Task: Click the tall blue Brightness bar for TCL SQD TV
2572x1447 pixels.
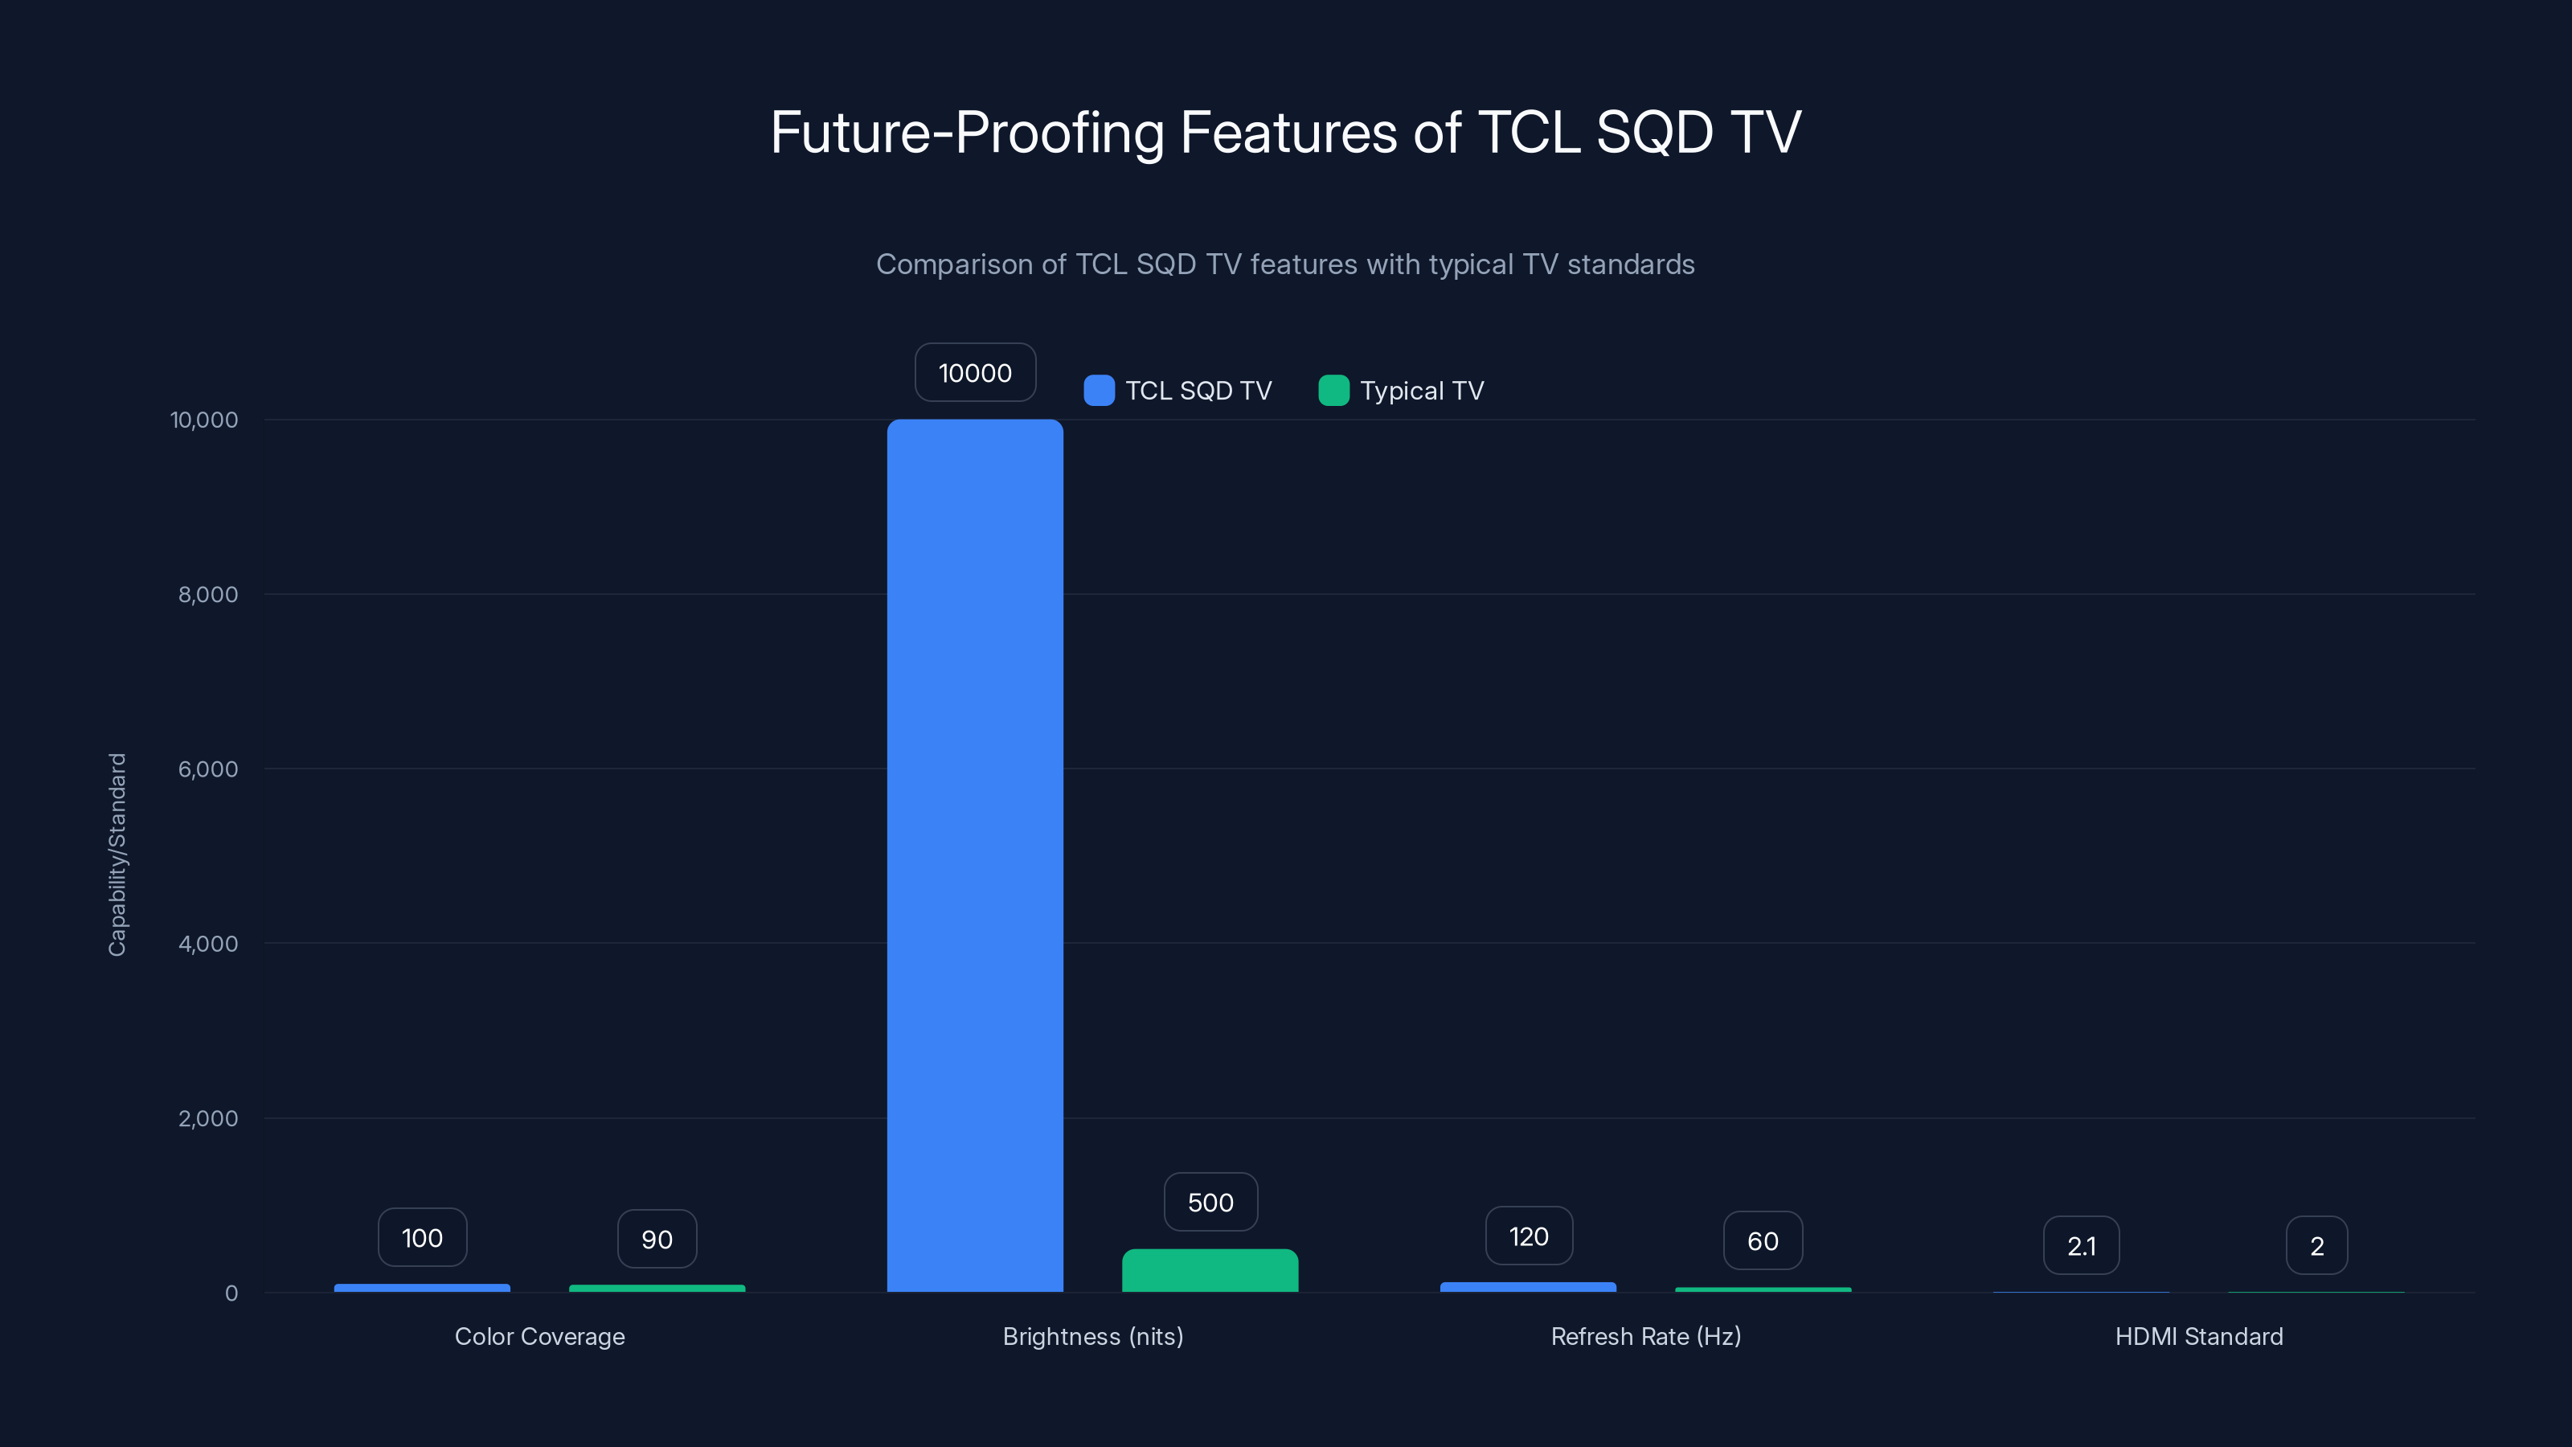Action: tap(974, 855)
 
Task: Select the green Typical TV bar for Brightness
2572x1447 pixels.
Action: tap(1210, 1270)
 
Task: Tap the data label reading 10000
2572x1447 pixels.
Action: tap(974, 372)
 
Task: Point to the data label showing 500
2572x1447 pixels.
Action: tap(1210, 1203)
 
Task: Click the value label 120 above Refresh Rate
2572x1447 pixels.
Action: tap(1528, 1236)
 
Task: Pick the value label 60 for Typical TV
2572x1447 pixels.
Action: tap(1763, 1240)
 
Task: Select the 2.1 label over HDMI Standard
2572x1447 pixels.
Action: tap(2081, 1245)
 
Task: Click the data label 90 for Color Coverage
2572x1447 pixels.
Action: tap(656, 1240)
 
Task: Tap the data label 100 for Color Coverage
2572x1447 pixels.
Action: tap(421, 1238)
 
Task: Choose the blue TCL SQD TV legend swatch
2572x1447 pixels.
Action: tap(1098, 391)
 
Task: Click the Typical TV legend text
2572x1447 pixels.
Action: tap(1422, 391)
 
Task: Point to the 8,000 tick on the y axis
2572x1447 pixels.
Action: tap(207, 594)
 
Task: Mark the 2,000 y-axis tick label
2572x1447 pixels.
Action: tap(207, 1118)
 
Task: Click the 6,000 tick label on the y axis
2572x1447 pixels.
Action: tap(207, 769)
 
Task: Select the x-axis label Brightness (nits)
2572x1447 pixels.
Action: tap(1092, 1336)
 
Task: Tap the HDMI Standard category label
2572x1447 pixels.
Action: tap(2198, 1336)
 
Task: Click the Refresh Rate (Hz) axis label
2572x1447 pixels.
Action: tap(1645, 1336)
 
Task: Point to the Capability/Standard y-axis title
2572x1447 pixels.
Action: tap(117, 855)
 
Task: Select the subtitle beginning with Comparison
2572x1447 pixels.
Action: tap(1285, 264)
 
